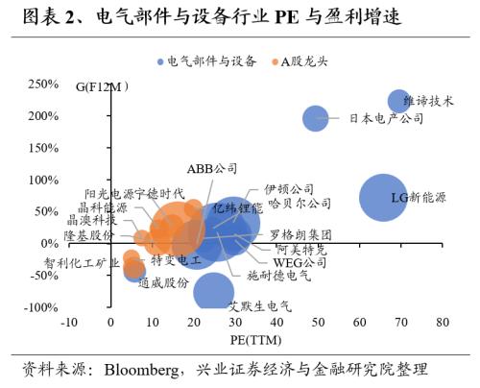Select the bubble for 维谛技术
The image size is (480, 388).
click(399, 101)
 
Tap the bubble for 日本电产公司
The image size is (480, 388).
click(317, 118)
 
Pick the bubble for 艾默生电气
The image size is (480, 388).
click(213, 292)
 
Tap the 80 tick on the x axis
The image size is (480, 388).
click(442, 324)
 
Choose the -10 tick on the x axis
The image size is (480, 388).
click(68, 324)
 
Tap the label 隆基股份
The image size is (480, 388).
click(88, 235)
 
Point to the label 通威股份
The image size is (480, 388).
click(162, 282)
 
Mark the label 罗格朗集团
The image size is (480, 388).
click(300, 234)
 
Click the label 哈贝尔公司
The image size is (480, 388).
click(300, 204)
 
